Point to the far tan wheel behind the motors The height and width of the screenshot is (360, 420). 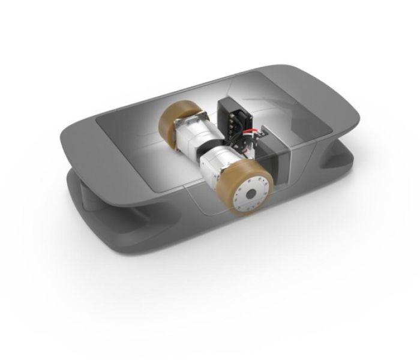point(173,122)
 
